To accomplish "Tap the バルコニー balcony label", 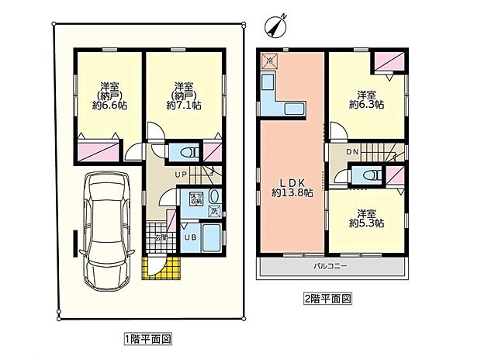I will pyautogui.click(x=332, y=266).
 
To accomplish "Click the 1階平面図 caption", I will pyautogui.click(x=147, y=338).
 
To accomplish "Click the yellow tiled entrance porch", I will pyautogui.click(x=161, y=268).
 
